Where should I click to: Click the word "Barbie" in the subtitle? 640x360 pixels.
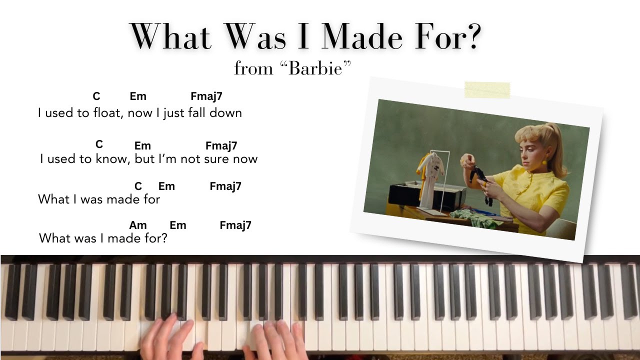point(315,68)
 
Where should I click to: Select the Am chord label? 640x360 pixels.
point(138,225)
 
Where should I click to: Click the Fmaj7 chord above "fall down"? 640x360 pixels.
point(206,96)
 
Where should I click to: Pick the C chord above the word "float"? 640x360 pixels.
point(96,96)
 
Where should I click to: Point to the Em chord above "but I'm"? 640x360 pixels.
point(142,145)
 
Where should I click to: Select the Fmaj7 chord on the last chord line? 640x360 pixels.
point(235,225)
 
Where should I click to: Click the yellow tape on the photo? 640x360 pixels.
point(487,90)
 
